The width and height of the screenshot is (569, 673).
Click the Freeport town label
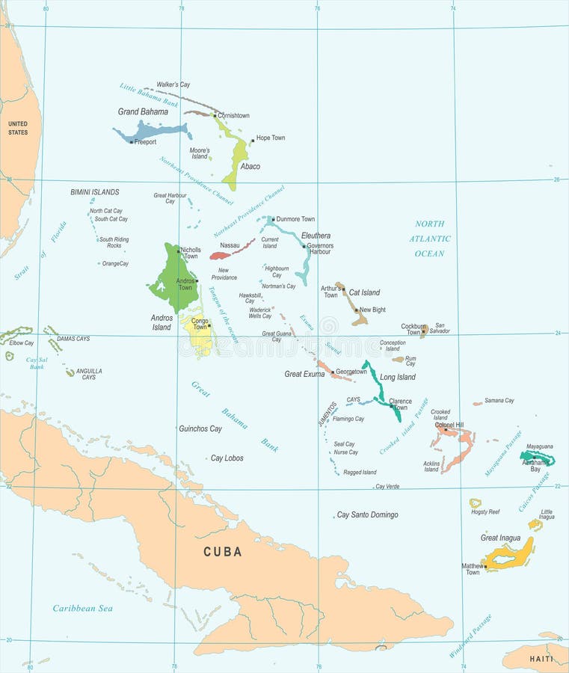(146, 142)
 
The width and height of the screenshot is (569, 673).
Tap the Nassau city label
(230, 245)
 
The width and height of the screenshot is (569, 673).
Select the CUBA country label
(223, 552)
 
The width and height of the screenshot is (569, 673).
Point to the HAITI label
(541, 659)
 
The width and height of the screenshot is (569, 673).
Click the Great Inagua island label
(500, 538)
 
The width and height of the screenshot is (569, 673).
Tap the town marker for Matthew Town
(486, 567)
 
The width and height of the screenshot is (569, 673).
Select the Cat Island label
(364, 292)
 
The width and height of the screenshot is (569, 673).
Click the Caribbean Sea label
(82, 609)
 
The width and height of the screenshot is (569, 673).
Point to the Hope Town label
(270, 138)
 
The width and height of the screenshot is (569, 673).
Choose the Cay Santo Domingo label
(367, 515)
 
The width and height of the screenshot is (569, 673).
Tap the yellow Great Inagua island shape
(508, 556)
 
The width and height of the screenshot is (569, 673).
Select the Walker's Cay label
(173, 84)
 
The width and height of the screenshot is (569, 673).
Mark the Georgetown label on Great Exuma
(351, 372)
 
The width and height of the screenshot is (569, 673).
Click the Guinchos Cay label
(200, 429)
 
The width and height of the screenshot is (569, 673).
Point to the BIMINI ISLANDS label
(94, 192)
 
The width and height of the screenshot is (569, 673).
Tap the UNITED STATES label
(17, 128)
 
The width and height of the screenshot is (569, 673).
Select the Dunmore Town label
(295, 219)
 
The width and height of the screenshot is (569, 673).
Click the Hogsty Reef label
(485, 512)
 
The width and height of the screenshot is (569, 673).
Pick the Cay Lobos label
(227, 458)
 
